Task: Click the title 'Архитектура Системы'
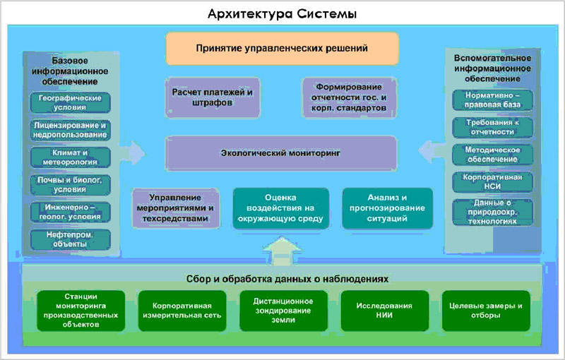(282, 13)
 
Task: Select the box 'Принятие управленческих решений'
(282, 49)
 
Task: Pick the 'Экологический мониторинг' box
(280, 152)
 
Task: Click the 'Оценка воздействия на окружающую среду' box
(281, 208)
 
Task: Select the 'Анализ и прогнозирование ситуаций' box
(387, 208)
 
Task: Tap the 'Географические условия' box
(70, 102)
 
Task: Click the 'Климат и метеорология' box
(70, 157)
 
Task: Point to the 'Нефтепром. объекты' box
(70, 239)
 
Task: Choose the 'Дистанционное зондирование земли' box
(282, 311)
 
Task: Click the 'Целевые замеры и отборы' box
(485, 311)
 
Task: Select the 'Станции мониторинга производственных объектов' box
(81, 311)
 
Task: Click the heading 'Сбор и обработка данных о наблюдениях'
(282, 278)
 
